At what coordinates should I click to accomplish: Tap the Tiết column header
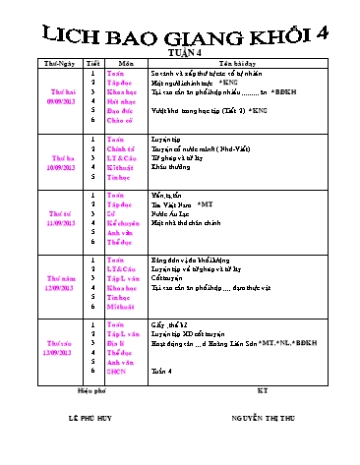(x=93, y=63)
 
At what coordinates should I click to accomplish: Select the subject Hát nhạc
(x=121, y=101)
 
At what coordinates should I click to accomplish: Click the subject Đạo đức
(x=121, y=111)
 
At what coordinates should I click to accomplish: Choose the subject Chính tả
(x=122, y=150)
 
